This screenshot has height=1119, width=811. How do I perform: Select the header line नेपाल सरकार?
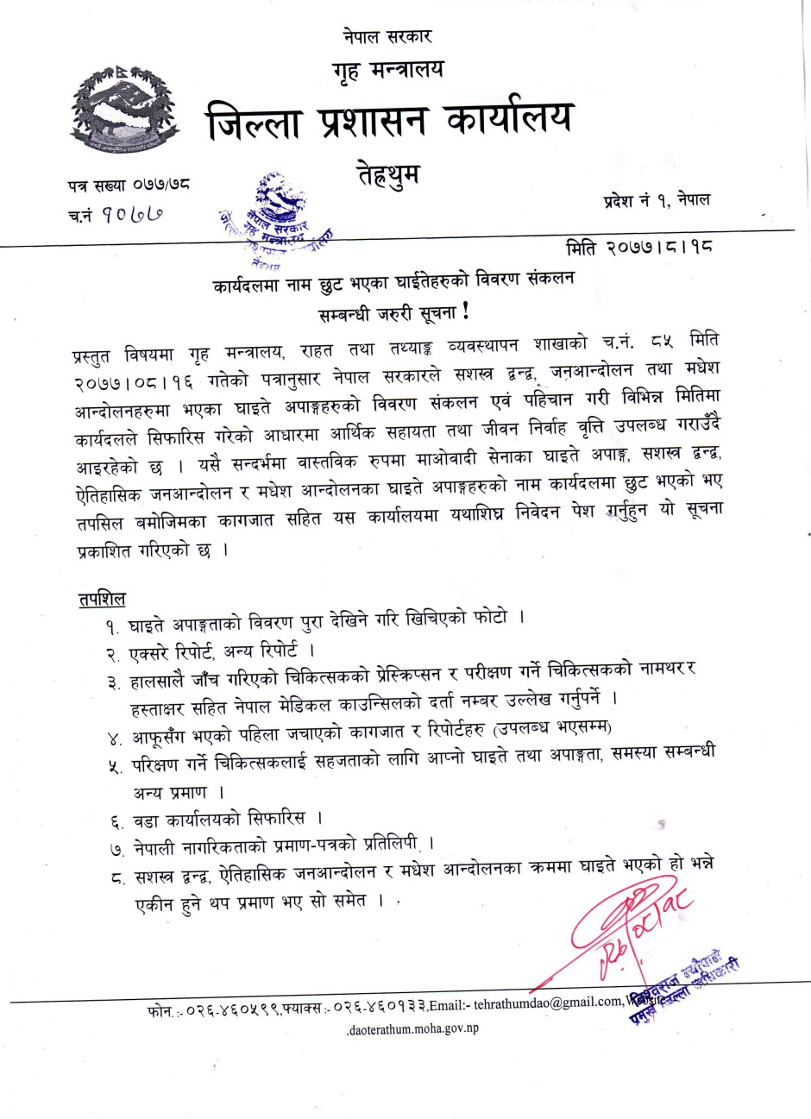(387, 36)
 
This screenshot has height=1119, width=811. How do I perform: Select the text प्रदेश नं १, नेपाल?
(657, 200)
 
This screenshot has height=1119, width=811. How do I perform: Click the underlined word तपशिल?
(102, 600)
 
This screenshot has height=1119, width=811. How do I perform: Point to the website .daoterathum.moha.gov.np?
(412, 1028)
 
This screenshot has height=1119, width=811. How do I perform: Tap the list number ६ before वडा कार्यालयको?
(116, 820)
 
